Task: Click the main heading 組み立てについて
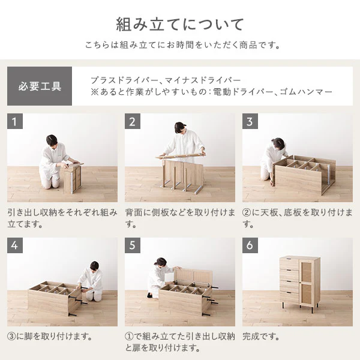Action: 179,25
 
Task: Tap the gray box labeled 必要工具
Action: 40,86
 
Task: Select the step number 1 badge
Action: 14,121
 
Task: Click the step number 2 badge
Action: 133,121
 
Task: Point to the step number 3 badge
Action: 250,121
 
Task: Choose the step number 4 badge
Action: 14,245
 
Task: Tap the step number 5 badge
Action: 133,245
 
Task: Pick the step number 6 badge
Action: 250,245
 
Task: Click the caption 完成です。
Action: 261,337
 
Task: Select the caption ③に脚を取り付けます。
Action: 50,337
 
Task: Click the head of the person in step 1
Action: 52,140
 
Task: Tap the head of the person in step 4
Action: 94,266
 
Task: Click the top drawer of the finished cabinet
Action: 289,263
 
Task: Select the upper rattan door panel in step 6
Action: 306,272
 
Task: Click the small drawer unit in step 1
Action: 73,178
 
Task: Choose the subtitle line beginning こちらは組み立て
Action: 182,45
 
